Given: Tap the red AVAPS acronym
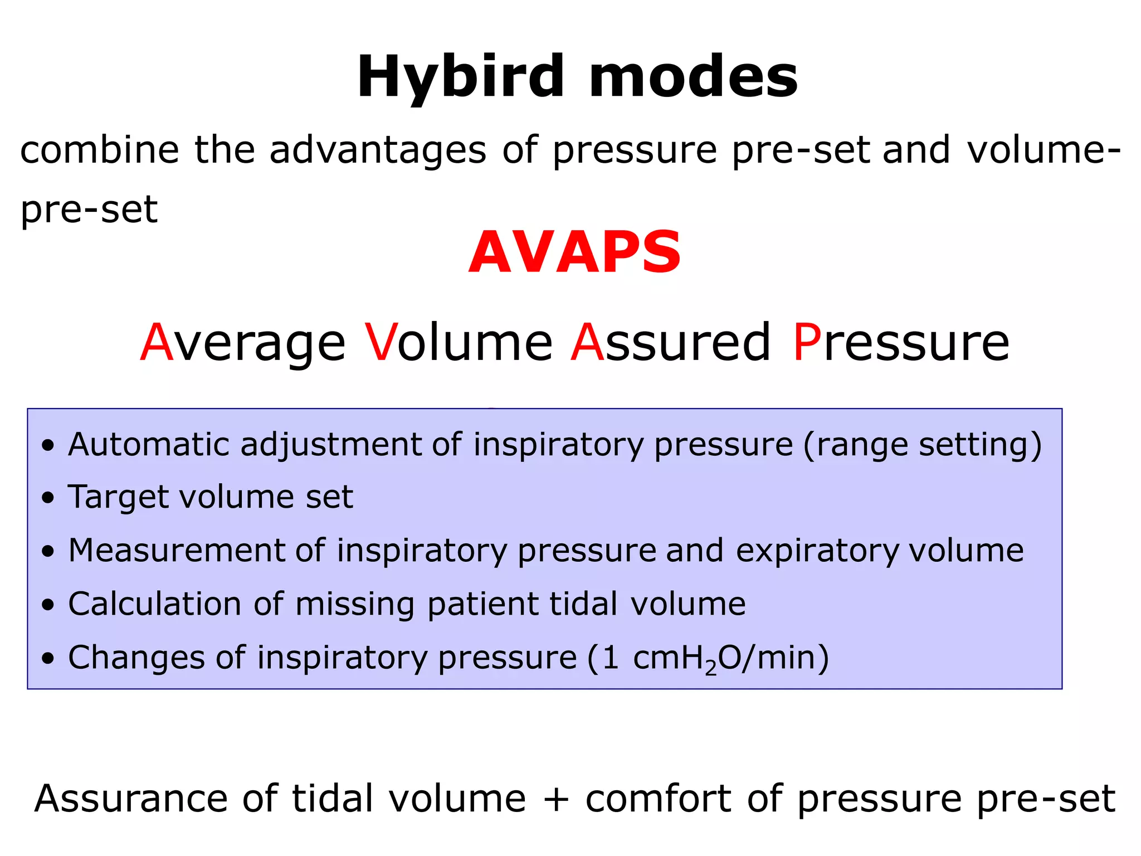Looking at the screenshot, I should (574, 253).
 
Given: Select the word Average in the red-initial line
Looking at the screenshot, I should (243, 342).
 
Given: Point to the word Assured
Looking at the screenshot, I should (671, 342).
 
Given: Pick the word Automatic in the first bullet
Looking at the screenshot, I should (149, 445).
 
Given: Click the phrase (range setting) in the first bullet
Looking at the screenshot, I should (922, 445).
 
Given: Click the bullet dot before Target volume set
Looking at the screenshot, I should (48, 497).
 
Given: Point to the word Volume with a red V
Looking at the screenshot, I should (459, 342).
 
